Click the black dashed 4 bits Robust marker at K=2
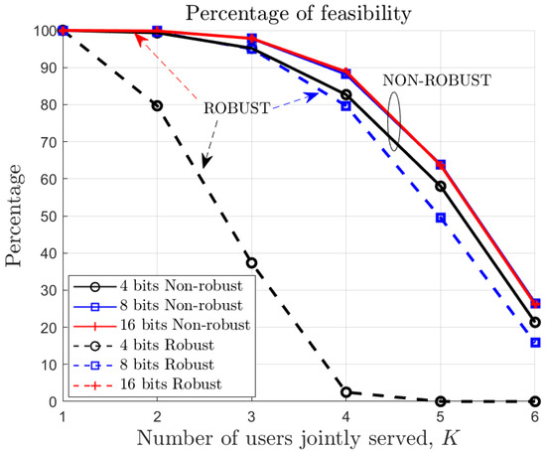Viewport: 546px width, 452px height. (158, 105)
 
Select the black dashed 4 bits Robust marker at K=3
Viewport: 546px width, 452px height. (252, 263)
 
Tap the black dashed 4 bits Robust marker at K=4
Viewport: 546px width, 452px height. (345, 392)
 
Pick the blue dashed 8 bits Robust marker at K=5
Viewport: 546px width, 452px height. (440, 218)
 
